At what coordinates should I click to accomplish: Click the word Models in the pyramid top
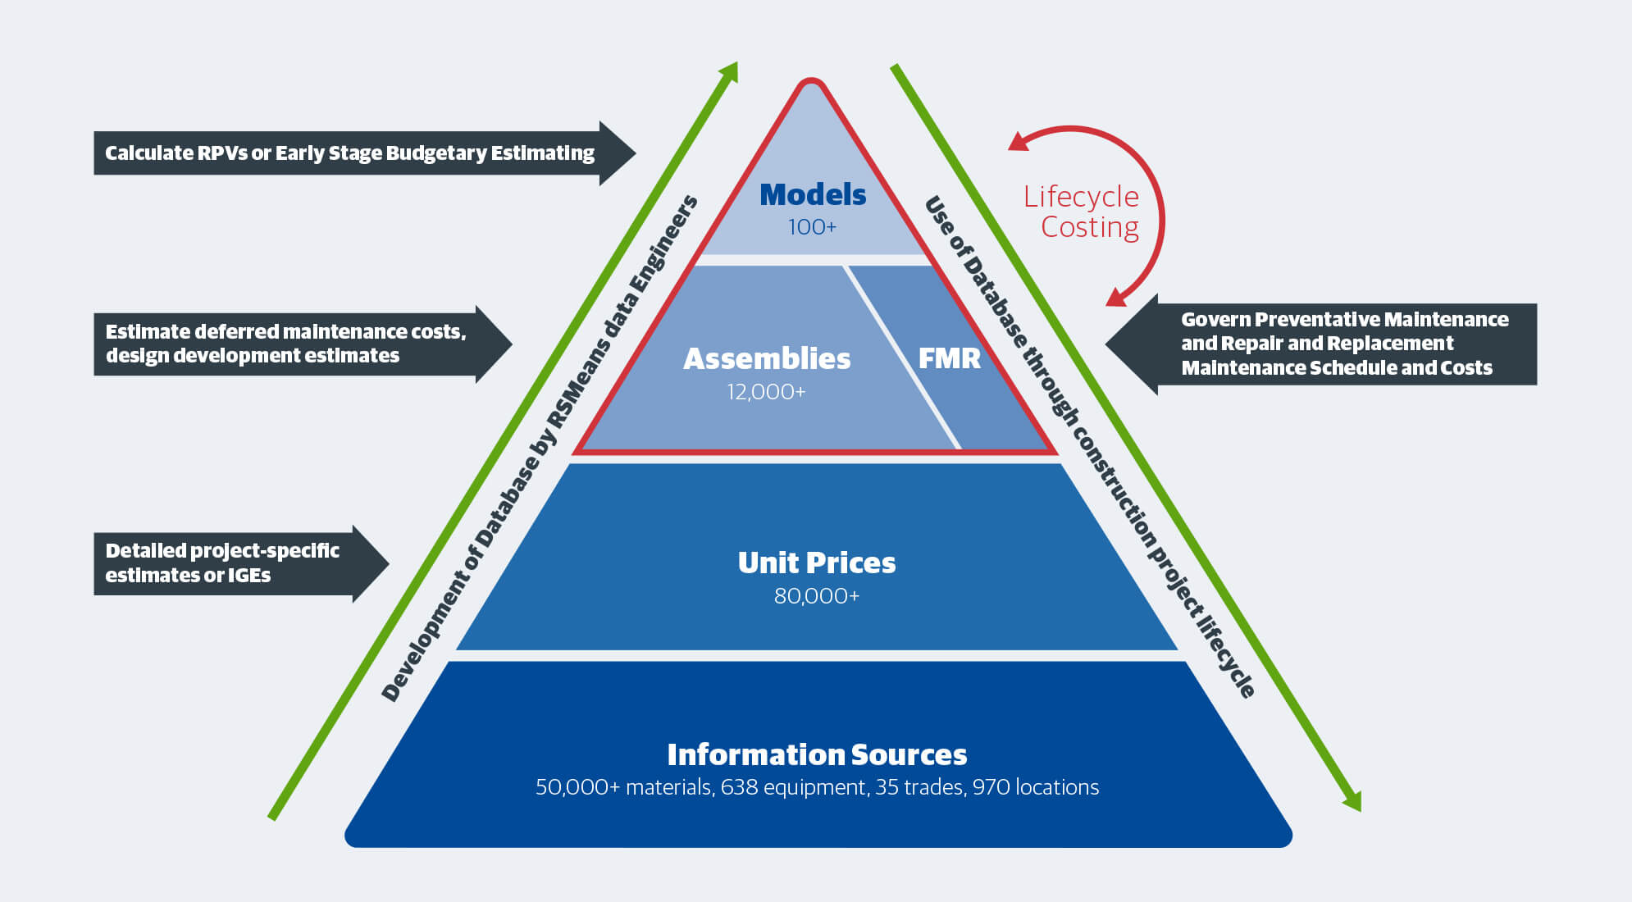coord(812,195)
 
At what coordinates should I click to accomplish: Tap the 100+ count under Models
coord(812,227)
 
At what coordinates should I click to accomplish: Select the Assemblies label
coord(767,359)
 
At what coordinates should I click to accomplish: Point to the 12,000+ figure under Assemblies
coord(766,392)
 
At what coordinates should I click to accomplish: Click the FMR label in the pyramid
coord(949,358)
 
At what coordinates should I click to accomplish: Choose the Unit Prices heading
coord(816,563)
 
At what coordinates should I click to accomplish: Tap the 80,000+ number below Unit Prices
coord(816,596)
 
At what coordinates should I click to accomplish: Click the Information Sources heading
coord(816,754)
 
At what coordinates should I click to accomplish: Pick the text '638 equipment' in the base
coord(793,787)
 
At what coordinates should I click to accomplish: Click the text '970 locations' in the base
coord(1035,787)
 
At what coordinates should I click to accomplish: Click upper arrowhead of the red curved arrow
coord(1017,143)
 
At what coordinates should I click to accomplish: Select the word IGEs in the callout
coord(249,576)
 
